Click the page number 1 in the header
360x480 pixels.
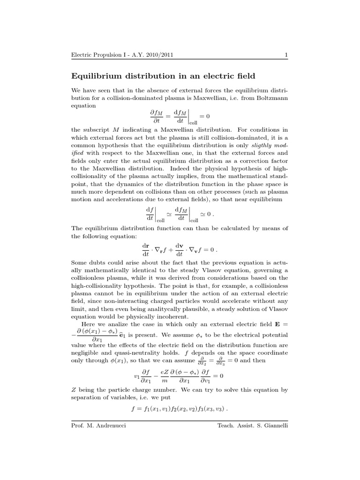pos(285,56)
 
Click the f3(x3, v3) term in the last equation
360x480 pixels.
pos(210,408)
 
